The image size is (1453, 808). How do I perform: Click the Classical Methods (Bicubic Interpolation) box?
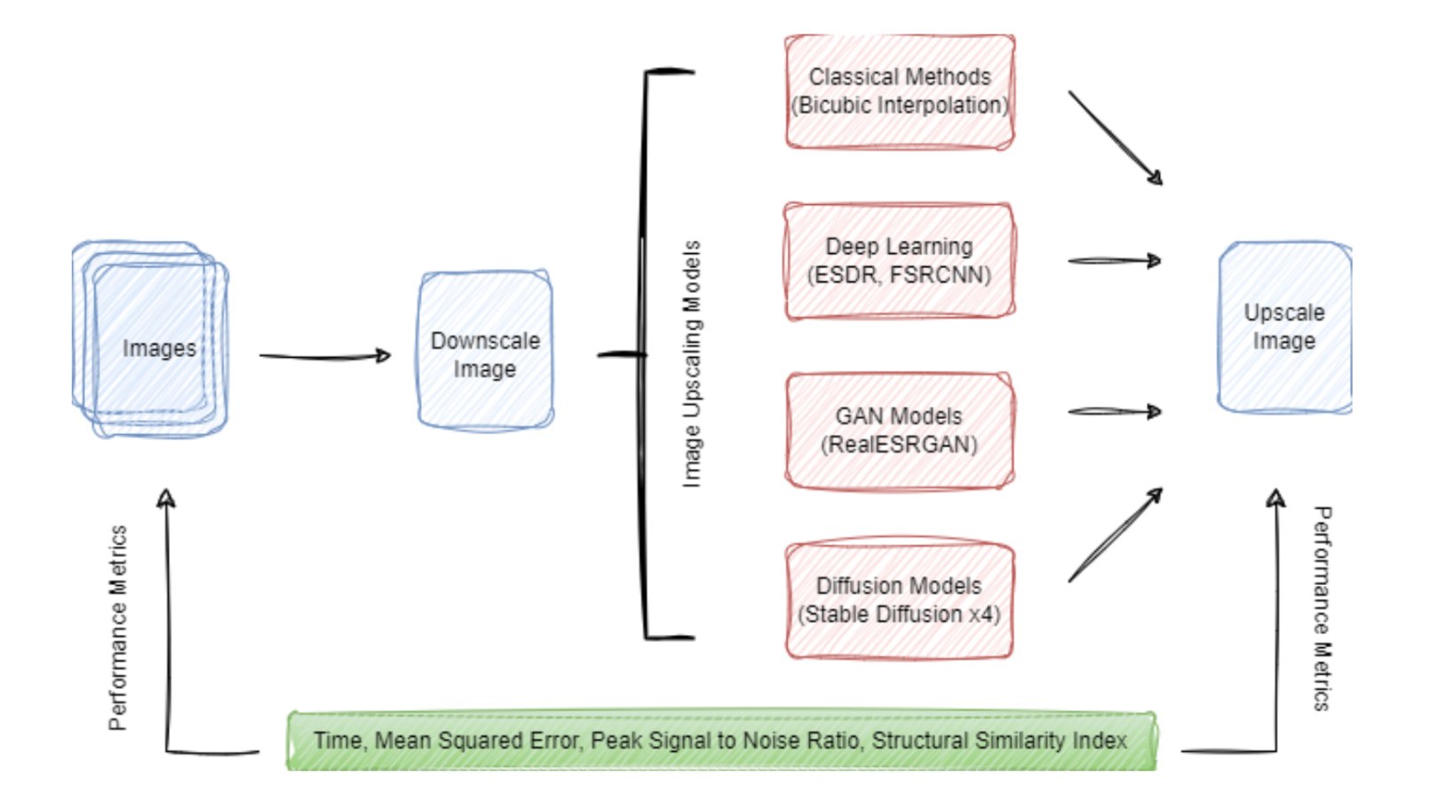(900, 91)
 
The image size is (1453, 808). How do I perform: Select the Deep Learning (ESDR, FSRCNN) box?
(900, 261)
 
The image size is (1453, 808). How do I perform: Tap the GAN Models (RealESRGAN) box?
(900, 431)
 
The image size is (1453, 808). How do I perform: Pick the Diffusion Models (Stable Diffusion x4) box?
(900, 600)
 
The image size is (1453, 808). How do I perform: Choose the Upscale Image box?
(1284, 327)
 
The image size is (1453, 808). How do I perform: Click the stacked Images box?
(151, 339)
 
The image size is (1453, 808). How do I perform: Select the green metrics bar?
(721, 741)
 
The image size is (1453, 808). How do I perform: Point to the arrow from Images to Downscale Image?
(324, 356)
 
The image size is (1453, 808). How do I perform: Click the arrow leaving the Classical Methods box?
(1115, 137)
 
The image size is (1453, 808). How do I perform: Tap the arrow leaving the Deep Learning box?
(1114, 261)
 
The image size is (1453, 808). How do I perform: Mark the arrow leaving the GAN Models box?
(1114, 412)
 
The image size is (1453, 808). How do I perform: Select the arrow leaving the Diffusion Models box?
(1115, 535)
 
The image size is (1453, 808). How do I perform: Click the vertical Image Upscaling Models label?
(692, 364)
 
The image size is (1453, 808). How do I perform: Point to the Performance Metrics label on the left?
(118, 628)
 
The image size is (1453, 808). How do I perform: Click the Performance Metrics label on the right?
(1322, 608)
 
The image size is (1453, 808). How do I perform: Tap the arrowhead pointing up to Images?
(166, 498)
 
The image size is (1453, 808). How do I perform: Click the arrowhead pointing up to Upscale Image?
(1276, 498)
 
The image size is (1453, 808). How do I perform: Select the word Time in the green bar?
(337, 741)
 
